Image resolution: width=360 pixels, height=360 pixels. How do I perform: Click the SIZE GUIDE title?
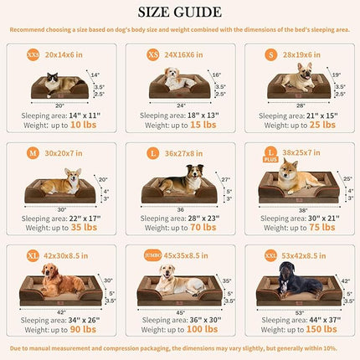180,13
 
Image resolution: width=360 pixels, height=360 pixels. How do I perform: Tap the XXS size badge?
33,54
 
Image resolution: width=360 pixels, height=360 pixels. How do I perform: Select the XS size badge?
153,54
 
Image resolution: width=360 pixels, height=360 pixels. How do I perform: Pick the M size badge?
33,155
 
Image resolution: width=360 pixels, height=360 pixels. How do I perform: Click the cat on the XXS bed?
52,81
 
